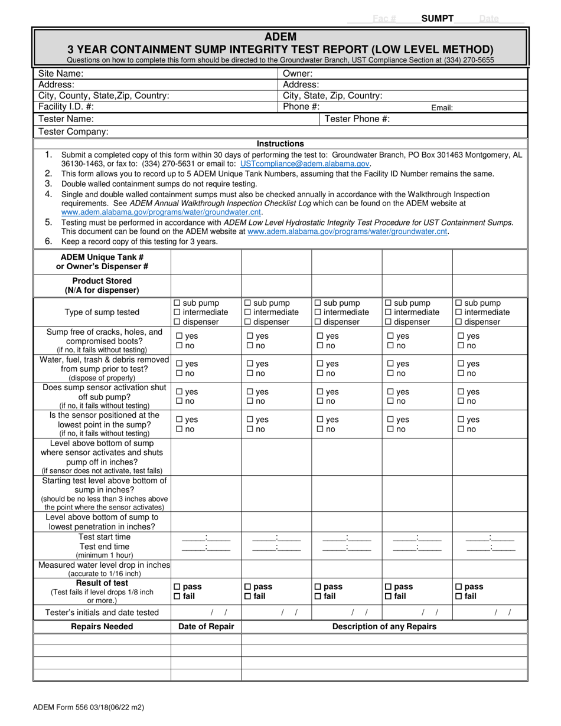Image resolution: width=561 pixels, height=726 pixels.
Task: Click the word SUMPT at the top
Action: click(437, 18)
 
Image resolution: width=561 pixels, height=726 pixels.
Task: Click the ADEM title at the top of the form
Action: click(280, 37)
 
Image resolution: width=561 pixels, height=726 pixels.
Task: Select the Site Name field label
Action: click(61, 74)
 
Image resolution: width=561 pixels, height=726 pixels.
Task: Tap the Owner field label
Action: click(298, 74)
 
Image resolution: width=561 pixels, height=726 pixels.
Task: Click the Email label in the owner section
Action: click(442, 108)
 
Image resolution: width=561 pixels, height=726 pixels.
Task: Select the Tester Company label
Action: click(73, 132)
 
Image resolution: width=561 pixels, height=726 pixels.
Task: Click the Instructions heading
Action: click(280, 143)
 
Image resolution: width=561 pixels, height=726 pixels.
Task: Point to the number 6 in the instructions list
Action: click(48, 241)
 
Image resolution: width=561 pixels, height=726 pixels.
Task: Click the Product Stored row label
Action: click(102, 285)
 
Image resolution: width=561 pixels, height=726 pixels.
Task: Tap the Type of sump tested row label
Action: click(102, 312)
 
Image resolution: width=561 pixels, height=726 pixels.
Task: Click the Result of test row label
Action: click(102, 583)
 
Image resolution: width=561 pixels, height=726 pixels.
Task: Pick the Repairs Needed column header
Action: click(102, 626)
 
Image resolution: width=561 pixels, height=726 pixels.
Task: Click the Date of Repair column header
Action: click(206, 626)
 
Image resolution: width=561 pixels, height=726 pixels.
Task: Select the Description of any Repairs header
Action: click(384, 626)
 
